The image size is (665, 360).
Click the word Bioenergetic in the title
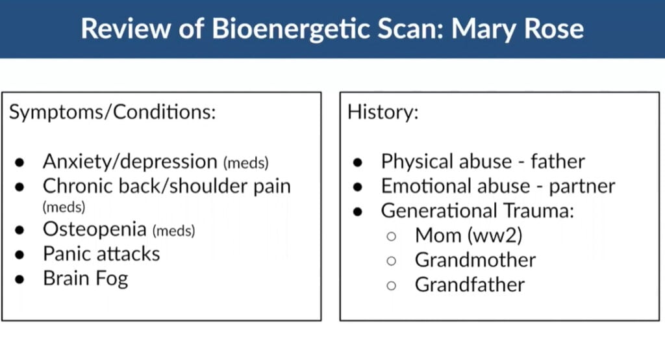click(x=290, y=29)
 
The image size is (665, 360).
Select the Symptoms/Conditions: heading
click(x=112, y=112)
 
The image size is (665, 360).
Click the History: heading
click(x=383, y=112)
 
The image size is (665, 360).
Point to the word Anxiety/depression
click(x=130, y=162)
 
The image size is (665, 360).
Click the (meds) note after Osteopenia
click(x=173, y=231)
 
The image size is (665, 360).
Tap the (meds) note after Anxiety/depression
click(x=246, y=163)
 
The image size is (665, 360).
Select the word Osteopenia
click(x=95, y=229)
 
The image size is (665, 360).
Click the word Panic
click(x=69, y=254)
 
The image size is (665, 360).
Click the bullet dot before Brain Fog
click(x=19, y=279)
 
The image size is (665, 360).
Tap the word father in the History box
click(x=558, y=161)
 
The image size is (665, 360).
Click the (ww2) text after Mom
click(x=495, y=236)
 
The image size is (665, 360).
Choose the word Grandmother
click(x=475, y=260)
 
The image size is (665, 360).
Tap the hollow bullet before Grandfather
click(x=392, y=286)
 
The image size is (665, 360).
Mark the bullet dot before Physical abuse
click(x=358, y=162)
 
